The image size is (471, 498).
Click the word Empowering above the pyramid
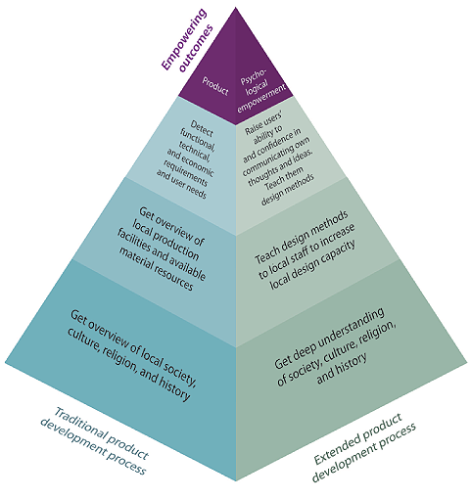coord(184,39)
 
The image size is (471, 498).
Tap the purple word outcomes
coord(197,48)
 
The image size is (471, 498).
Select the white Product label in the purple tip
coord(215,86)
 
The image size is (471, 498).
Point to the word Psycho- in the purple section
coord(254,77)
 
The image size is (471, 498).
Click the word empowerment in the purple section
coord(261,99)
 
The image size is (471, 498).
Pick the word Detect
coord(202,128)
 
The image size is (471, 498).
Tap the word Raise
coord(252,129)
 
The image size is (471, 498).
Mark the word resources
coord(173,274)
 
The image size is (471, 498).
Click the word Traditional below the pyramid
coord(80,424)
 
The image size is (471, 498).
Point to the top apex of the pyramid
coord(235,8)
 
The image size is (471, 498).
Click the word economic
coord(199,162)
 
